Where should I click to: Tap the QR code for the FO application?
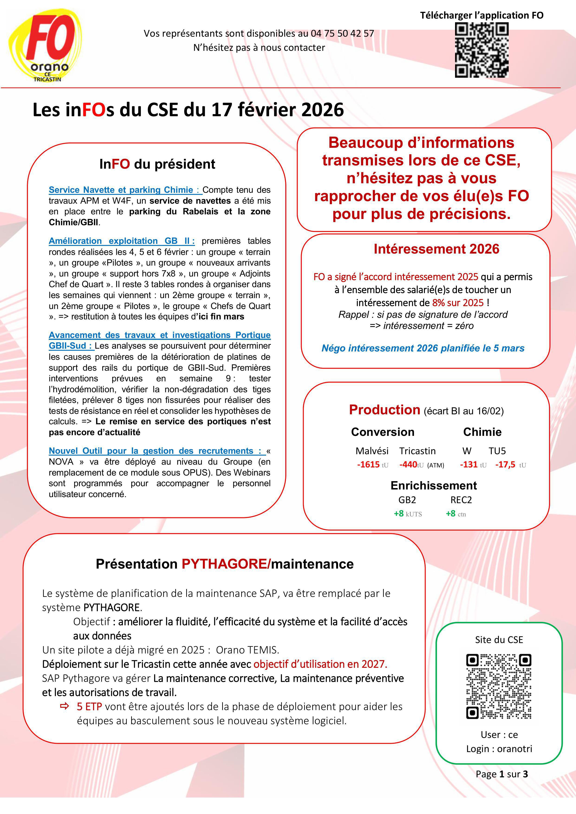[482, 50]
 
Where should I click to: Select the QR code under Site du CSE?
[499, 686]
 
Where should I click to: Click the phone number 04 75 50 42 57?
[342, 33]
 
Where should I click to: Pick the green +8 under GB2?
[399, 513]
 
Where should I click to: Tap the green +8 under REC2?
[451, 513]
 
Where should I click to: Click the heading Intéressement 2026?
[436, 249]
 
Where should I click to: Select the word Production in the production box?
[384, 410]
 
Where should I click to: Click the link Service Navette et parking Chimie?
[121, 190]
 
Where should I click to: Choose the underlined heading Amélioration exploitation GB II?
[121, 241]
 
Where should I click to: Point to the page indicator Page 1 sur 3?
[501, 774]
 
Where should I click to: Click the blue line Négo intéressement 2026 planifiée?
[423, 348]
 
